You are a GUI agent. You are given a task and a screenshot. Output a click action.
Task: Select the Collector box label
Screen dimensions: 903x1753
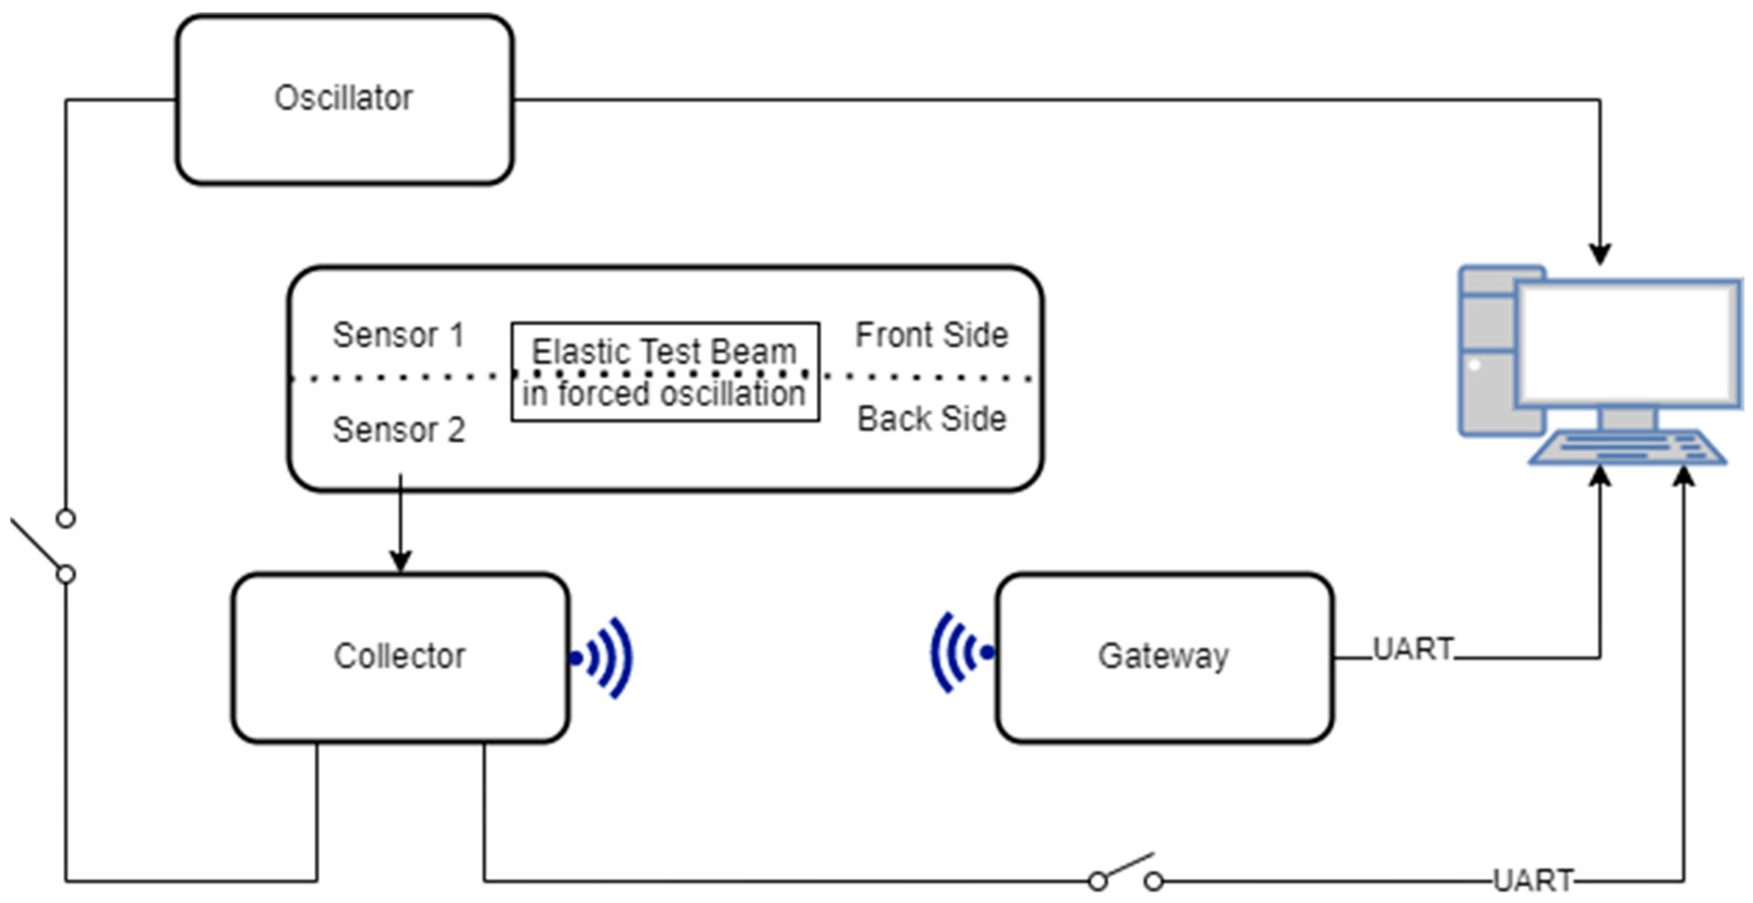(400, 656)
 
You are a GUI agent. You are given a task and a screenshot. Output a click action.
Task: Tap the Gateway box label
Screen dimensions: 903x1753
(1164, 656)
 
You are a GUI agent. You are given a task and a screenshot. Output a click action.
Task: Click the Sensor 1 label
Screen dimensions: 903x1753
(398, 335)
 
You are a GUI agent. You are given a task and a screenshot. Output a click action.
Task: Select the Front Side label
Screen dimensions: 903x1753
(931, 335)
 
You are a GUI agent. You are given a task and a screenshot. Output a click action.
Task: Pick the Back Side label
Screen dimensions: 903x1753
(931, 419)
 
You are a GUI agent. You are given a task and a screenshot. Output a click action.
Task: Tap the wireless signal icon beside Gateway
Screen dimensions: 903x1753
(960, 653)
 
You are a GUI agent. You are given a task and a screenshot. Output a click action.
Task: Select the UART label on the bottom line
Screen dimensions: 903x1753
(1533, 880)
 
